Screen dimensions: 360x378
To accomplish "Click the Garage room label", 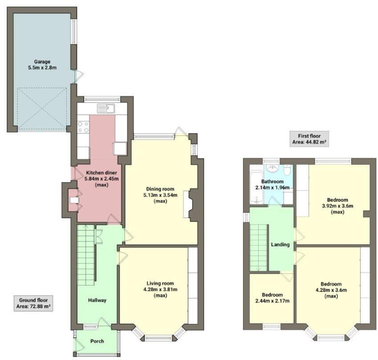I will pyautogui.click(x=43, y=65).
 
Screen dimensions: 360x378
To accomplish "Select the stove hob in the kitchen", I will pyautogui.click(x=83, y=127).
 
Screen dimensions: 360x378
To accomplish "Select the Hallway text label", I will pyautogui.click(x=97, y=300).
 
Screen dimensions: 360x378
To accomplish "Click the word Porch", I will pyautogui.click(x=97, y=341).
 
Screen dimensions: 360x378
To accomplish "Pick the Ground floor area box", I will pyautogui.click(x=33, y=303).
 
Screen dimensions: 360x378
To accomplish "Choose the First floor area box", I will pyautogui.click(x=309, y=139).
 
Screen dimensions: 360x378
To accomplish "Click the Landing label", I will pyautogui.click(x=280, y=244).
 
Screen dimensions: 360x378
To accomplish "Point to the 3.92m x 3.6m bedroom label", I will pyautogui.click(x=337, y=206).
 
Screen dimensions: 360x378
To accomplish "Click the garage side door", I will pyautogui.click(x=78, y=76).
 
